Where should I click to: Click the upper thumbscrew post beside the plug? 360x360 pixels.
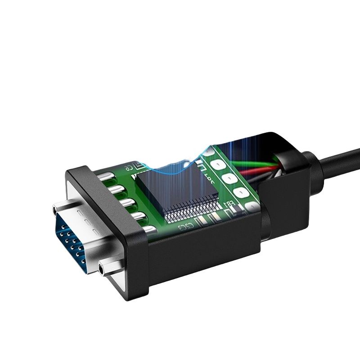[55, 209]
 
